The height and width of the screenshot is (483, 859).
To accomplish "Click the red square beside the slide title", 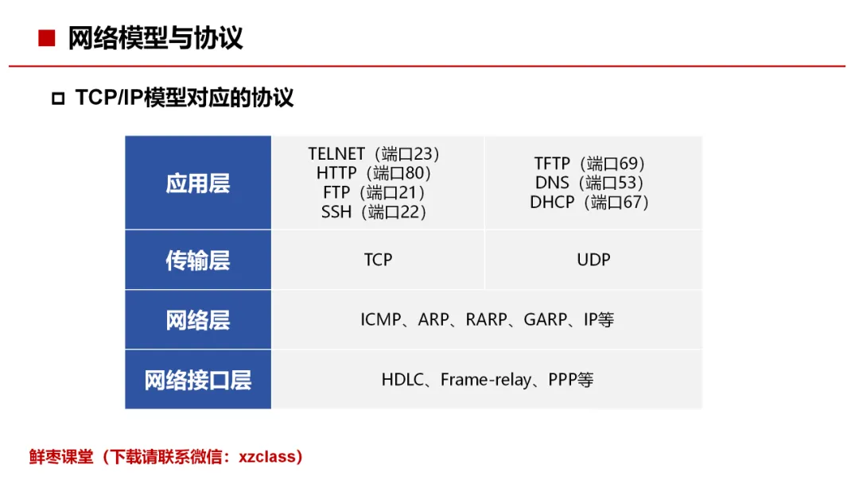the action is (47, 38).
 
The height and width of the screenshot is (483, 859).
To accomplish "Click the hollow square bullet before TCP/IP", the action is (58, 99).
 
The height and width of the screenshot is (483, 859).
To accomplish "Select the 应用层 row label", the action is (198, 184).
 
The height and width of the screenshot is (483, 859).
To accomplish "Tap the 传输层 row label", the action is (198, 261).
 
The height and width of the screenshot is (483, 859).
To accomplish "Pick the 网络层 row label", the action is (198, 320).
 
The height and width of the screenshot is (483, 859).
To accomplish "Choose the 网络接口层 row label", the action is (198, 381).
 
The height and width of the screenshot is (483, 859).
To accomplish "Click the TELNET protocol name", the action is (336, 153).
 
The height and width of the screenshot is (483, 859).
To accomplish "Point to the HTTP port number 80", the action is (414, 173).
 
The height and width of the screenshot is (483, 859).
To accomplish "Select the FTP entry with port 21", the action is (374, 192).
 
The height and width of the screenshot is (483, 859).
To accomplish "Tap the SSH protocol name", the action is (336, 211).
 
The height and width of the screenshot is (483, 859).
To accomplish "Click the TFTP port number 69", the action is (628, 164).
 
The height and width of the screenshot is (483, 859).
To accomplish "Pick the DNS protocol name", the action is (552, 183).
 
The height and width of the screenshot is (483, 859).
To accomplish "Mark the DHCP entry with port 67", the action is (589, 203).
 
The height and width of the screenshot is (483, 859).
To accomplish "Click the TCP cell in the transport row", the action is (378, 260).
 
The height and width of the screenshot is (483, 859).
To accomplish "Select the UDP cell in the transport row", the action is (593, 260).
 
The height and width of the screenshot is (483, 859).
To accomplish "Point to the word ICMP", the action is (381, 319).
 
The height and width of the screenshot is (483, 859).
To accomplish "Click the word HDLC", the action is (402, 380).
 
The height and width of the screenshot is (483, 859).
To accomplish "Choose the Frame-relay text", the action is (486, 381).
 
